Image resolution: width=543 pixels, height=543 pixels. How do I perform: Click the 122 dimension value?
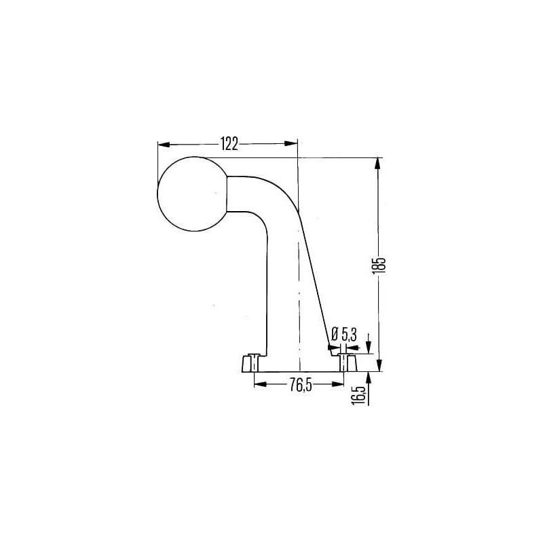(229, 144)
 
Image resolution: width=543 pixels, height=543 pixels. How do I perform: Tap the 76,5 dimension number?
(301, 385)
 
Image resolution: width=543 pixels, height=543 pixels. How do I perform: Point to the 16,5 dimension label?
(360, 395)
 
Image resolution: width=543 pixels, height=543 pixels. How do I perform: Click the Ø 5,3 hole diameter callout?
(344, 335)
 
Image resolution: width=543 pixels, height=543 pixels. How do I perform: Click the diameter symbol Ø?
(335, 335)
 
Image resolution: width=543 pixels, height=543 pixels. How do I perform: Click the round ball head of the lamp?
(193, 194)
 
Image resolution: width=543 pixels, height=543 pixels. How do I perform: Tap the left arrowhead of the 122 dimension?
(164, 144)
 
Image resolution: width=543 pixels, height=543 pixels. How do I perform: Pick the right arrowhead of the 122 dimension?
(291, 144)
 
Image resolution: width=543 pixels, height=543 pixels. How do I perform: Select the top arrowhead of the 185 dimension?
(378, 164)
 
